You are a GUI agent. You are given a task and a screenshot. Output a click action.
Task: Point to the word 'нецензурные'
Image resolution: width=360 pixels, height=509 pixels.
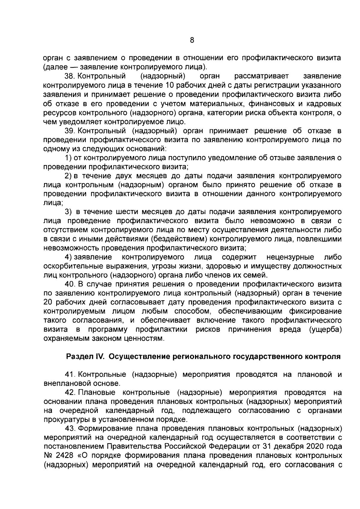(x=290, y=257)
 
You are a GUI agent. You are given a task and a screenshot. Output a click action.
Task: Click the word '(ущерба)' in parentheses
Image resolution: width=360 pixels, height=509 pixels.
(x=325, y=329)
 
